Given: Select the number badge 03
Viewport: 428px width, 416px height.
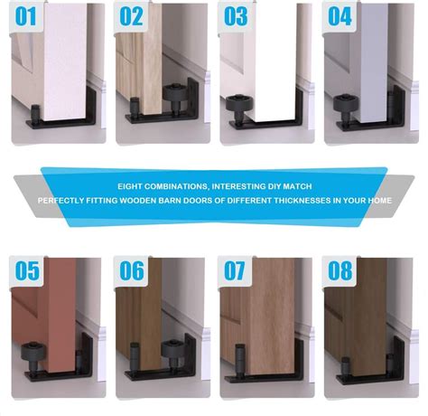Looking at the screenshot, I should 236,16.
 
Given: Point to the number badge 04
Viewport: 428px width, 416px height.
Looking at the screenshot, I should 340,16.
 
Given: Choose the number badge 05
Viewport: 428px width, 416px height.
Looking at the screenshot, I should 27,269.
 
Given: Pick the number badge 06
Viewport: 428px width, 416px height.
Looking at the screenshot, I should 132,269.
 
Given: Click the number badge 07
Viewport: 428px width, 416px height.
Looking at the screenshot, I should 236,269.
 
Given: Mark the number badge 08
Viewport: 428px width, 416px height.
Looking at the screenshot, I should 340,269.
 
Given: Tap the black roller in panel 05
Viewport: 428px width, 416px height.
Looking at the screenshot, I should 33,352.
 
